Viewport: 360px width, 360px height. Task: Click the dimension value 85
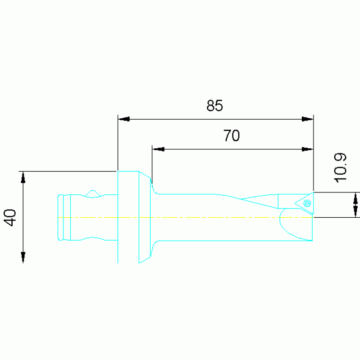click(214, 106)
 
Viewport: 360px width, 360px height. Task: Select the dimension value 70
click(231, 136)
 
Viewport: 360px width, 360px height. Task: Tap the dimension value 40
click(10, 217)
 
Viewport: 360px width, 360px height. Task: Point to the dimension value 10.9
click(340, 168)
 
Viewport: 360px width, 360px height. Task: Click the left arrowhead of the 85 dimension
click(124, 119)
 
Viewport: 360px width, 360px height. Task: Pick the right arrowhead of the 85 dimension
click(307, 119)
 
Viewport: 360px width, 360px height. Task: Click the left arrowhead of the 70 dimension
click(158, 149)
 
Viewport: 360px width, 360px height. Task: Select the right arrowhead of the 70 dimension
click(307, 149)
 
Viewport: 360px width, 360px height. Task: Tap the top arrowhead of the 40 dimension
click(23, 177)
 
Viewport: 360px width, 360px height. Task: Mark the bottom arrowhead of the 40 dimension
click(23, 257)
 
